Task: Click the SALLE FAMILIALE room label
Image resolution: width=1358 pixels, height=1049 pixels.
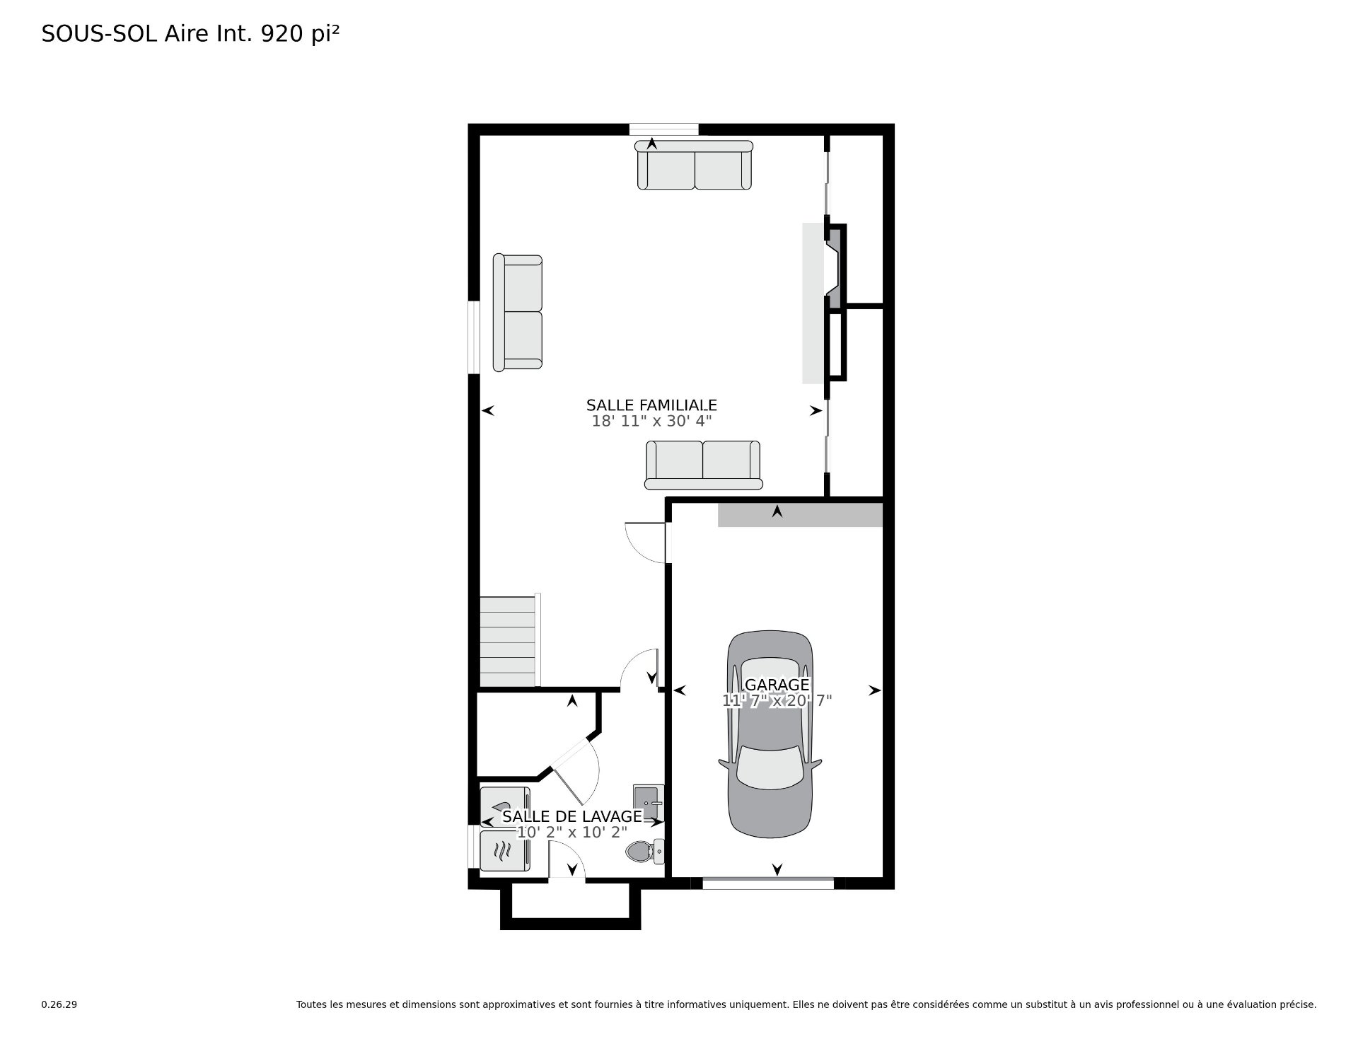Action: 651,405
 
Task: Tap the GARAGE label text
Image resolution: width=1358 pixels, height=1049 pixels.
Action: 777,685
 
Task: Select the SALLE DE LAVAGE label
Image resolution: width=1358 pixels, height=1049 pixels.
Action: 572,816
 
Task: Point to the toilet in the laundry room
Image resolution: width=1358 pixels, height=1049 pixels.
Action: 645,852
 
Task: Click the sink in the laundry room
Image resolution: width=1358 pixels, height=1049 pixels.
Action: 649,797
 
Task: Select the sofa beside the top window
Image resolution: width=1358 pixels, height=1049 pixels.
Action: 694,165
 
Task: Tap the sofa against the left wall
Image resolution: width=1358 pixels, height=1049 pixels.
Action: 518,313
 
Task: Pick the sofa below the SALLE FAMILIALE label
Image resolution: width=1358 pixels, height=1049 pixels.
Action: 703,465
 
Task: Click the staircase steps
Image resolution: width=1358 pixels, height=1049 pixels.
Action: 508,641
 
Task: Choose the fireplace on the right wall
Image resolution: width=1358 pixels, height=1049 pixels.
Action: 835,266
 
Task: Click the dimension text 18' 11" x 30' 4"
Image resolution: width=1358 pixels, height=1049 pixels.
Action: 651,422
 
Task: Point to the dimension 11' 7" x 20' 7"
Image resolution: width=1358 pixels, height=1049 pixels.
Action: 777,701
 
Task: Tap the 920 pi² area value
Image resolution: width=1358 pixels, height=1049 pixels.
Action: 301,34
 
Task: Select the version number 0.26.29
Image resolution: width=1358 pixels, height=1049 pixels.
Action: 59,1004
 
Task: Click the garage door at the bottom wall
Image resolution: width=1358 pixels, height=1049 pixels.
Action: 768,883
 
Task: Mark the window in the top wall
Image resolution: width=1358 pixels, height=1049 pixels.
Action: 664,129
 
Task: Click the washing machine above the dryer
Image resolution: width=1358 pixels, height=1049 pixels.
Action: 504,806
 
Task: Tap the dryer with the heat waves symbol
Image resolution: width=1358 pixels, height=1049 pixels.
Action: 504,851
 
